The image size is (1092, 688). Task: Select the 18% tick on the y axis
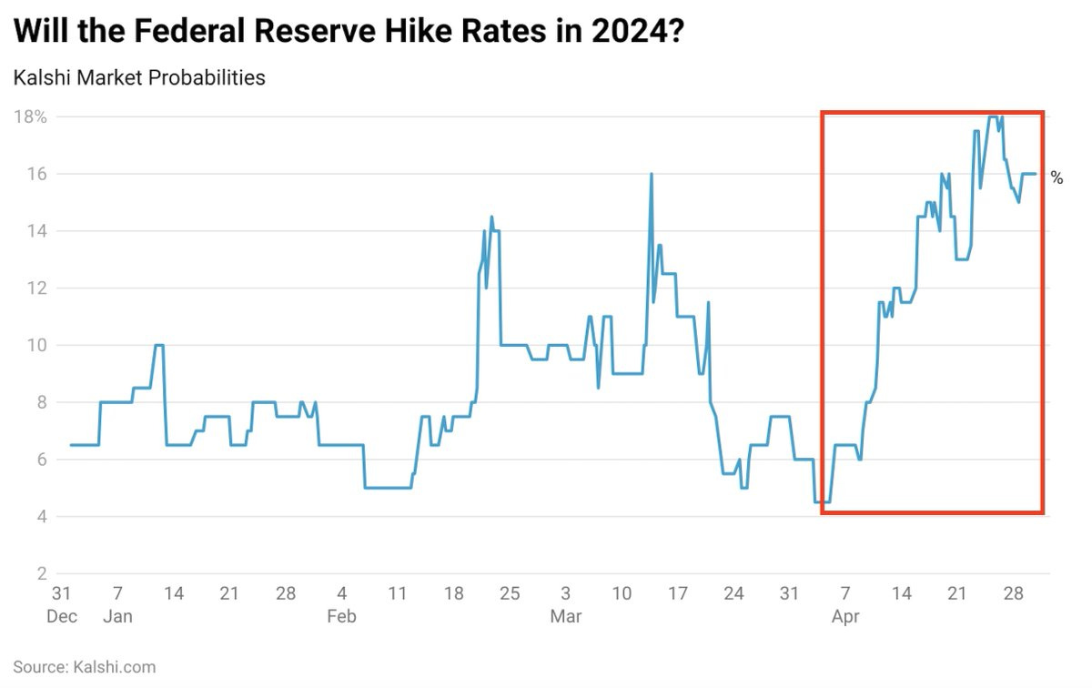coord(29,116)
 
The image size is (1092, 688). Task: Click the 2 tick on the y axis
coord(42,574)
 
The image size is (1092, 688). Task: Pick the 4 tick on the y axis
coord(42,517)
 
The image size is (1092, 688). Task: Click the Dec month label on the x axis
coord(61,616)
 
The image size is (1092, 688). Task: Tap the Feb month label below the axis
coord(341,616)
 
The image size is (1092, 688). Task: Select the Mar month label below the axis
coord(565,616)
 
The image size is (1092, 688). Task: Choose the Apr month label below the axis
coord(845,616)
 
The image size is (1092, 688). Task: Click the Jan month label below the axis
coord(117,616)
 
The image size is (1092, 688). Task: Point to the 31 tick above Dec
coord(61,593)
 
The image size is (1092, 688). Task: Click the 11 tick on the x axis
coord(398,593)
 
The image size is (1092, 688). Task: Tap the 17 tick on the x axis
coord(677,593)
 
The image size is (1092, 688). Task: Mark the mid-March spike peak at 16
coord(652,174)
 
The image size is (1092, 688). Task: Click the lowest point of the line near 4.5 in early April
coord(822,501)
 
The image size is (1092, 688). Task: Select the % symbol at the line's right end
coord(1057,177)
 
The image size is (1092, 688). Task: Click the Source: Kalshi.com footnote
coord(85,667)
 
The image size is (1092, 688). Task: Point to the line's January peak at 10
coord(159,345)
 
